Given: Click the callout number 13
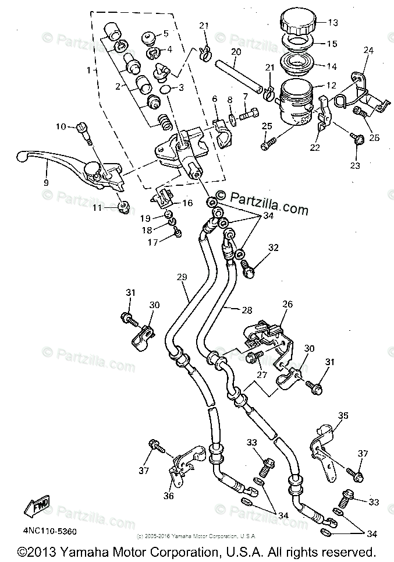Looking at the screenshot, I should tap(333, 23).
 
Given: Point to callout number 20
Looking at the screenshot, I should tap(235, 51).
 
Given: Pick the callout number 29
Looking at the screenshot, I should tap(182, 277).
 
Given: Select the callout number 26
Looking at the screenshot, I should tap(286, 304).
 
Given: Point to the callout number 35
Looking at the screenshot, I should tap(343, 415).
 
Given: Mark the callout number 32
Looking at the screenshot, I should tap(274, 247).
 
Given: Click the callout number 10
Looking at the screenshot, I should tap(61, 126).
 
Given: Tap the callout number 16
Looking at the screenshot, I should tap(187, 203).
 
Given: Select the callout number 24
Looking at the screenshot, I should tap(367, 51).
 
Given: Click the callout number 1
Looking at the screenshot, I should tap(89, 70).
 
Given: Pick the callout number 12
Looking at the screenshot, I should tap(331, 86).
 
